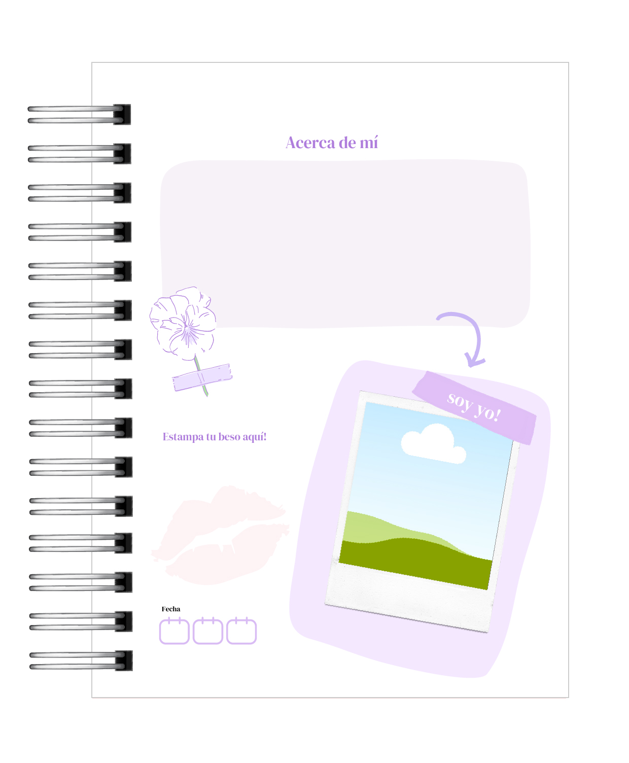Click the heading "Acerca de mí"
(x=332, y=143)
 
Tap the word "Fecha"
(x=170, y=609)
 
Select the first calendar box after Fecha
(x=174, y=631)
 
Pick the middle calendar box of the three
(x=207, y=631)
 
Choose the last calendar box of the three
(x=241, y=631)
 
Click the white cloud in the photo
(x=433, y=444)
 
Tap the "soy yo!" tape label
(x=474, y=407)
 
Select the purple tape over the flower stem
(x=202, y=377)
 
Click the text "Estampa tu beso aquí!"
(x=215, y=437)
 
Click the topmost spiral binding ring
(x=79, y=114)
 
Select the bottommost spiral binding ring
(x=81, y=661)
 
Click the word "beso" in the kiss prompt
(x=229, y=437)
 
